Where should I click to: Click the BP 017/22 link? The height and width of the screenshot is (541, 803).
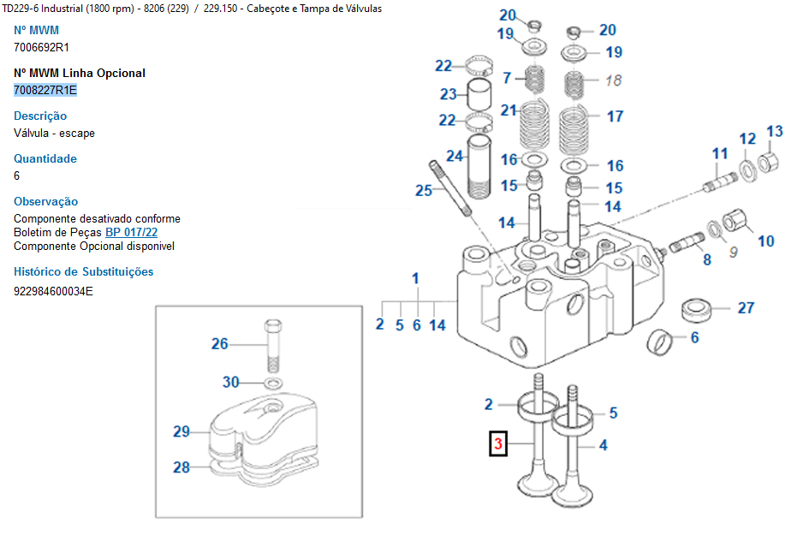131,232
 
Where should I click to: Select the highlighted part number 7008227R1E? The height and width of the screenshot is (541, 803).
45,90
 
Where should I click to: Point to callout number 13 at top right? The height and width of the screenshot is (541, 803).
774,132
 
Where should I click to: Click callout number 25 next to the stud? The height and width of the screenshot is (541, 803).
424,190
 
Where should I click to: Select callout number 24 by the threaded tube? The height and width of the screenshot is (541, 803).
454,156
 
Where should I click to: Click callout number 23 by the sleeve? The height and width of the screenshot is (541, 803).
449,94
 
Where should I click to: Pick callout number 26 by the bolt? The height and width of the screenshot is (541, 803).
220,344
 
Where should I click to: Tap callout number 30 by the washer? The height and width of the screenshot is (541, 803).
231,382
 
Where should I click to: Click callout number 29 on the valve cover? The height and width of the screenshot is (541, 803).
181,431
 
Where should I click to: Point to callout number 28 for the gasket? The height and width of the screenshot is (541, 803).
181,467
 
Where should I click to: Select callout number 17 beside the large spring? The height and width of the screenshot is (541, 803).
615,116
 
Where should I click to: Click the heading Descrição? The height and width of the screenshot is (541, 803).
40,116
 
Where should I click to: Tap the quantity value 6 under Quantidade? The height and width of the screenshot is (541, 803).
17,175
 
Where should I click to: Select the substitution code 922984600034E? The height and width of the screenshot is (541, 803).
53,290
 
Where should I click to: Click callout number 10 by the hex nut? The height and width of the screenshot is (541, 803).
765,241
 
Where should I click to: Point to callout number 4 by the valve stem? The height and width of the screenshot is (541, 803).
603,445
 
